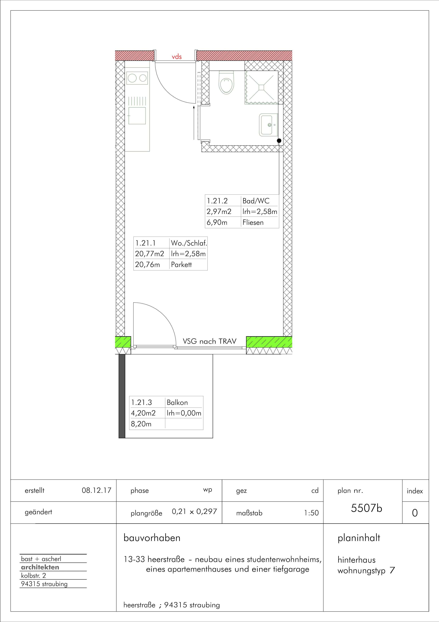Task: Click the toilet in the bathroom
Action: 226,82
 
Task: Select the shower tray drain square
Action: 261,87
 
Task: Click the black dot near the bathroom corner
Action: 279,141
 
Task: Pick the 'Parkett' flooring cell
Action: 181,265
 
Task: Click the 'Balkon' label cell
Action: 177,403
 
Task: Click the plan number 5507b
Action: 366,508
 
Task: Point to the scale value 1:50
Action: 311,513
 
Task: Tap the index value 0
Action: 415,513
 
